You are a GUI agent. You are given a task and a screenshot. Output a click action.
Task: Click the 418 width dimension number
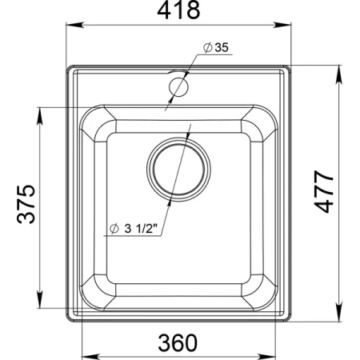pyautogui.click(x=178, y=10)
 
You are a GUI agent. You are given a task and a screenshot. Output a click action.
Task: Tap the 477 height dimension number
pyautogui.click(x=324, y=192)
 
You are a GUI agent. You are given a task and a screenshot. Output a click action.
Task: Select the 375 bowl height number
pyautogui.click(x=26, y=204)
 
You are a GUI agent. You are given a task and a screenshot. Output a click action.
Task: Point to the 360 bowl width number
pyautogui.click(x=178, y=342)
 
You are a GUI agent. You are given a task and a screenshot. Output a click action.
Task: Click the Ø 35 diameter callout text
pyautogui.click(x=216, y=47)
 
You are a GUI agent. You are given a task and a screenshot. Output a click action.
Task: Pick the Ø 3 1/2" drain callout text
pyautogui.click(x=134, y=229)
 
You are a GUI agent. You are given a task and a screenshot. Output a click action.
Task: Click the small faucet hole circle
pyautogui.click(x=178, y=87)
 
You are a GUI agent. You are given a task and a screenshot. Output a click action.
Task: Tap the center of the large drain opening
pyautogui.click(x=178, y=170)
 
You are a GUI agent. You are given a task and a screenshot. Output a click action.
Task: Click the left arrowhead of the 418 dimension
pyautogui.click(x=75, y=25)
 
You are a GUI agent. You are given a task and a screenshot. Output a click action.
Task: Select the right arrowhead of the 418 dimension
pyautogui.click(x=282, y=25)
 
